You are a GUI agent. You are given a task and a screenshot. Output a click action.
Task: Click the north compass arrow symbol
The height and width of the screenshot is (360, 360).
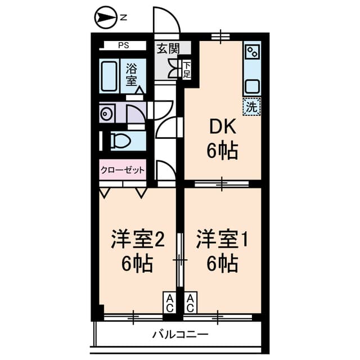click(106, 17)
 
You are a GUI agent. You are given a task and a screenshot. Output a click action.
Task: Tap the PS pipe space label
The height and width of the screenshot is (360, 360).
click(124, 45)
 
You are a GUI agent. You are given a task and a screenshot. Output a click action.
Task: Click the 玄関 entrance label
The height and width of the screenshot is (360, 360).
click(168, 48)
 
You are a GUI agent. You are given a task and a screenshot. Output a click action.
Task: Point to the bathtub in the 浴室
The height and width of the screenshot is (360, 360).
click(109, 76)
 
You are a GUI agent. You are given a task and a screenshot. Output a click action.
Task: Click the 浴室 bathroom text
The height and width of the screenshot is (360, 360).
click(132, 74)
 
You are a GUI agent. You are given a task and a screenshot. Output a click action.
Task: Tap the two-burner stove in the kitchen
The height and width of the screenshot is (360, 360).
click(253, 51)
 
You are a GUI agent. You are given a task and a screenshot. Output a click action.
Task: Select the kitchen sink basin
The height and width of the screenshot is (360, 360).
click(253, 86)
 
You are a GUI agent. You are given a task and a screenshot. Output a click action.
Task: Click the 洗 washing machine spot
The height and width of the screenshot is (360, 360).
click(251, 106)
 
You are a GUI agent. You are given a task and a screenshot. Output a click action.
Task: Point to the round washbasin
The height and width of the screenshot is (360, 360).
click(106, 114)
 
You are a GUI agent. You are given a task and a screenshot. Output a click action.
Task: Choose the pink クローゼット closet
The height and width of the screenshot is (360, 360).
click(123, 170)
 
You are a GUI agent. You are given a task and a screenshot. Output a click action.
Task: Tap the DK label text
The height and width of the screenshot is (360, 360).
click(223, 127)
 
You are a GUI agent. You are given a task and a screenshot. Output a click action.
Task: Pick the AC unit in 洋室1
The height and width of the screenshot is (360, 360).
click(190, 303)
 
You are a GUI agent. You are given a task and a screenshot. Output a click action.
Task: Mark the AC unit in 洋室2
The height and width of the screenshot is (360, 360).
click(169, 303)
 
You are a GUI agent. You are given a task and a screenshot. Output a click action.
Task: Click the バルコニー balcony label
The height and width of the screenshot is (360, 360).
click(181, 334)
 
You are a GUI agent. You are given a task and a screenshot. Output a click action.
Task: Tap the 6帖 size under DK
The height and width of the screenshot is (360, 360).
click(222, 151)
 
